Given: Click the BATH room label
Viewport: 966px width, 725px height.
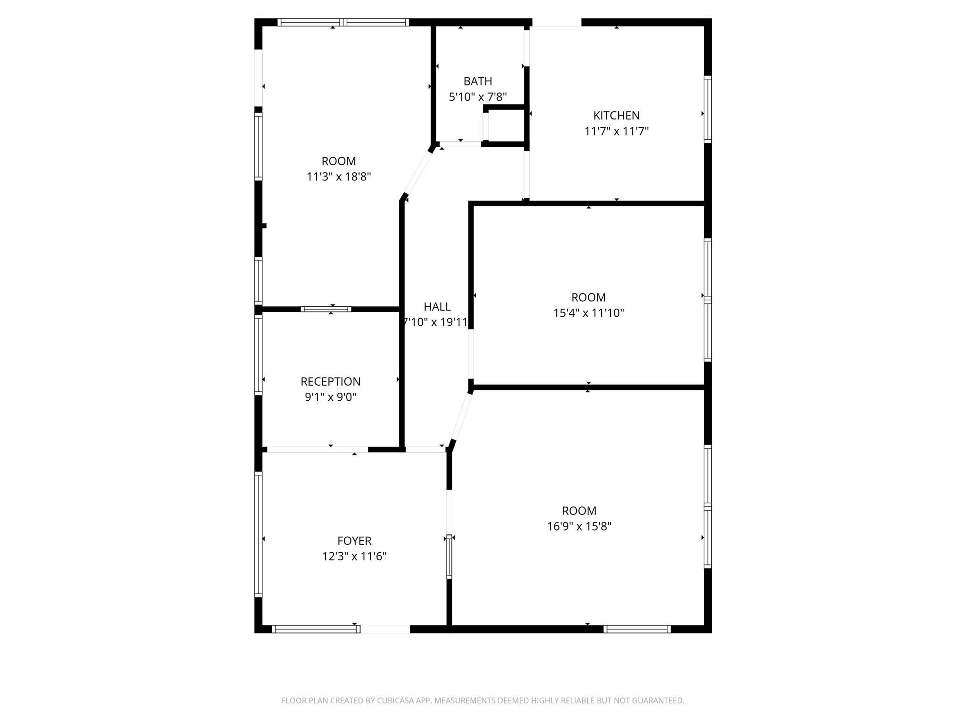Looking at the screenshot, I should pos(477,81).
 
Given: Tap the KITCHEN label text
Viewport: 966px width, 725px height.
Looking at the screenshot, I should pos(616,116).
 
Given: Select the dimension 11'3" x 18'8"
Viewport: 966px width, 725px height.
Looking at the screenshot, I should pos(339,177).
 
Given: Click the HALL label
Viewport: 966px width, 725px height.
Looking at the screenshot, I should pos(437,307).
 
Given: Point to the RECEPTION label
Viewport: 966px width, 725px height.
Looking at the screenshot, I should pos(330,381).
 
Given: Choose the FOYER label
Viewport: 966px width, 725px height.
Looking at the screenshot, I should pos(354,541).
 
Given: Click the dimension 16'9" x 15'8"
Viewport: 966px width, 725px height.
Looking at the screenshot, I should pos(579,526).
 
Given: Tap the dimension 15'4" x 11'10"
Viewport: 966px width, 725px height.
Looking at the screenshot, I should pos(588,313).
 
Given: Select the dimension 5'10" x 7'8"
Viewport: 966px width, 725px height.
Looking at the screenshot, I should pos(477,97).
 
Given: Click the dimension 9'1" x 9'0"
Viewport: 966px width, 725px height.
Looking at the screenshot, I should pos(330,397).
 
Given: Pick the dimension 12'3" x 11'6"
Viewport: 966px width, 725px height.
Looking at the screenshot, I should pos(354,556).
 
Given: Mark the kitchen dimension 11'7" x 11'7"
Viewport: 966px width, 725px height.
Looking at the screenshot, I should pos(616,131).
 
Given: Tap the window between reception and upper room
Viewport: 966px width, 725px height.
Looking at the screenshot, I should pos(326,309).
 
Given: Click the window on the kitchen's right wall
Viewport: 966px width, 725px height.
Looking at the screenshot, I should pos(708,110).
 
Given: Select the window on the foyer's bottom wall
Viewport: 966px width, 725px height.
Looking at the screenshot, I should pos(316,629).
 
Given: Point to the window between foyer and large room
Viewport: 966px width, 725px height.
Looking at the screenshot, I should pos(449,557).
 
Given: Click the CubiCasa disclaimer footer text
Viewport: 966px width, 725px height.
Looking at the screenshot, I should pos(483,700).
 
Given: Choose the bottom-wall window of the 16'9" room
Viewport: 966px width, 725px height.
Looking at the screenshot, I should pos(637,629).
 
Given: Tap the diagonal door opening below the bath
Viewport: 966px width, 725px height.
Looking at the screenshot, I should pos(418,172).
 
